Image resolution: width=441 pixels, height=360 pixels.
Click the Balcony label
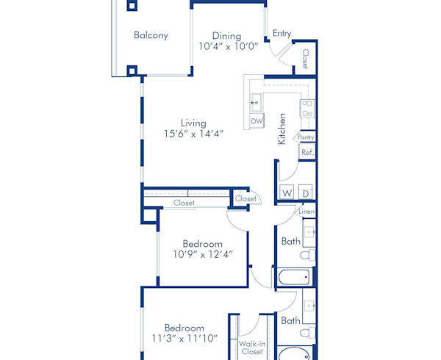[x=151, y=35]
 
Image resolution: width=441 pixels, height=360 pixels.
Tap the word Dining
[x=226, y=35]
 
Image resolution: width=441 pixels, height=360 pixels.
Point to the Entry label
[x=282, y=33]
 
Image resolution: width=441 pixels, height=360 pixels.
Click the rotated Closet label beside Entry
[x=305, y=58]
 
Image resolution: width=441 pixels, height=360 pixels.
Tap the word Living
[x=194, y=123]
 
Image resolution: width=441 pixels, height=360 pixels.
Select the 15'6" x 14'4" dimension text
[x=194, y=134]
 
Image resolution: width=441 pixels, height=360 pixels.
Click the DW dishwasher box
[x=257, y=120]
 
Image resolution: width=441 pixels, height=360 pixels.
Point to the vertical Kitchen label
[x=282, y=129]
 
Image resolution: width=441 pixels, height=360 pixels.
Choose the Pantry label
[x=306, y=137]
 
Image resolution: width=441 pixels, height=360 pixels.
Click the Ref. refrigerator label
[x=307, y=152]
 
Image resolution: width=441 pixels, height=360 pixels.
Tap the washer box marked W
[x=287, y=193]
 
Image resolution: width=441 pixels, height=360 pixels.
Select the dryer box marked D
[x=306, y=193]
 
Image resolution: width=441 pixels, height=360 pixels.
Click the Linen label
[x=306, y=212]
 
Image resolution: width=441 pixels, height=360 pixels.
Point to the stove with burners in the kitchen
[x=306, y=109]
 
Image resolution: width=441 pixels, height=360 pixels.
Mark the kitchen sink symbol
[x=257, y=101]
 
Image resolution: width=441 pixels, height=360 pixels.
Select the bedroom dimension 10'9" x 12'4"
[x=202, y=255]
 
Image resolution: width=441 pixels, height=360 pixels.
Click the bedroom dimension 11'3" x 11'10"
[x=184, y=339]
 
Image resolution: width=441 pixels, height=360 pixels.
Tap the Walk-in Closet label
[x=251, y=347]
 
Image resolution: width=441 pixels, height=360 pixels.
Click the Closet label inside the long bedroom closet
[x=184, y=203]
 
